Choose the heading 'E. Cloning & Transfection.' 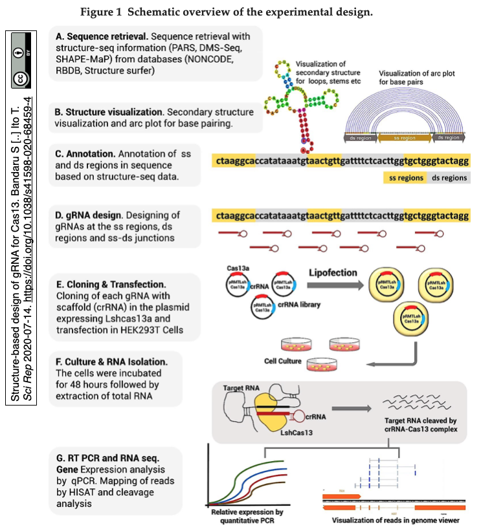(x=111, y=284)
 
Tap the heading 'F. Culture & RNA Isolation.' (x=111, y=362)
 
